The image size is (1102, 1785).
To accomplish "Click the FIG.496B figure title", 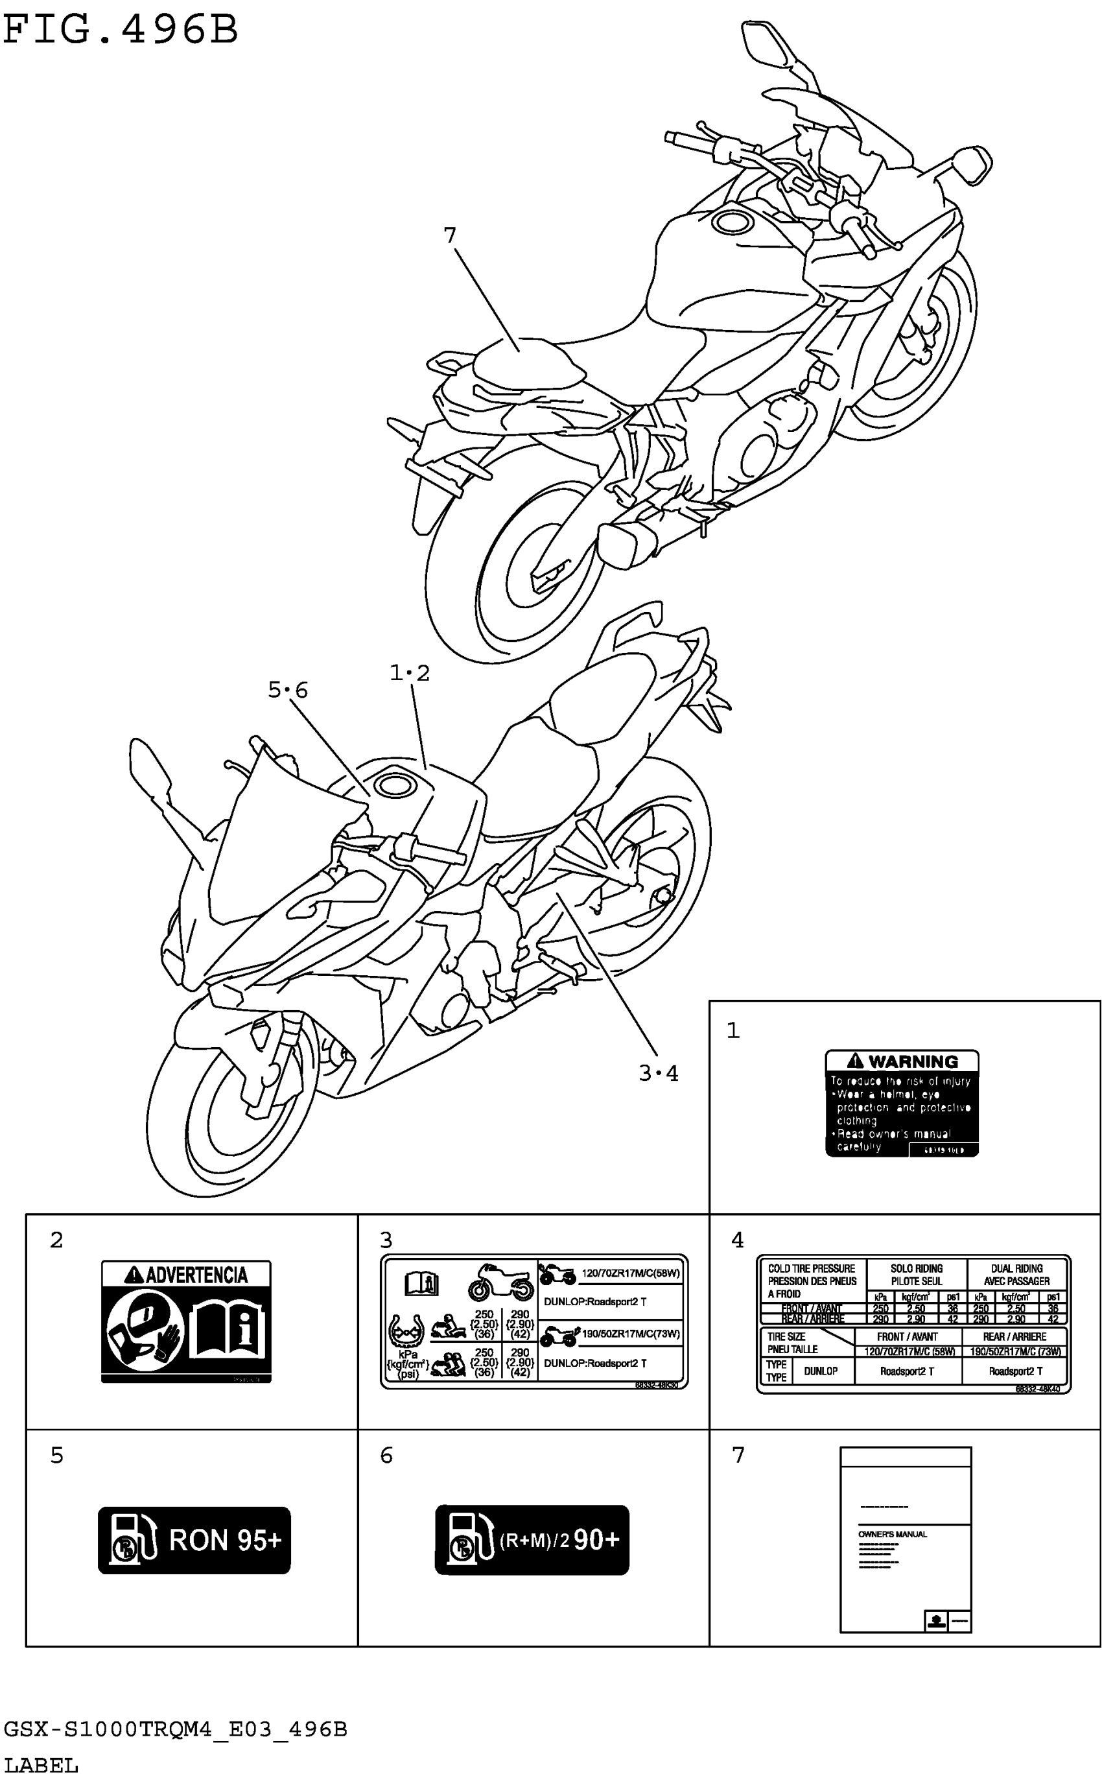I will [x=121, y=30].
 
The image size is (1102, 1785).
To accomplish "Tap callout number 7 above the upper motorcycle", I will [x=450, y=235].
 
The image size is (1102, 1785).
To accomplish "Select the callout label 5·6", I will [x=288, y=689].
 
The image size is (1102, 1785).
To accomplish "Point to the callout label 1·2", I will [x=410, y=673].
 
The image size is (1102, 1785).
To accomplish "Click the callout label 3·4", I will [x=658, y=1074].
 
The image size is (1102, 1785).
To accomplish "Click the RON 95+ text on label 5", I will [x=224, y=1541].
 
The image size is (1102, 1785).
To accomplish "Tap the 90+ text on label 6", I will [x=596, y=1539].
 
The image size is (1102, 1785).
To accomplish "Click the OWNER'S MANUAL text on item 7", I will [x=892, y=1534].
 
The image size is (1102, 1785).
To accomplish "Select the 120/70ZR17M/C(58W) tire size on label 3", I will [x=631, y=1273].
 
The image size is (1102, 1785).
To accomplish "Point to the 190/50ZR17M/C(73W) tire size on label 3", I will [x=631, y=1334].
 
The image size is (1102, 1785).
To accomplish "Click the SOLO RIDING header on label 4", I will [x=916, y=1268].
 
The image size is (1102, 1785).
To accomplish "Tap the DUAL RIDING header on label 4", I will [x=1016, y=1268].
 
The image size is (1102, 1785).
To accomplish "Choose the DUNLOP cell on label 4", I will [x=820, y=1371].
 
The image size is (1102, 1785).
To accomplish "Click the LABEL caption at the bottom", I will [x=41, y=1766].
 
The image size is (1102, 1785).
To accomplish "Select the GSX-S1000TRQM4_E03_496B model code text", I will [x=176, y=1730].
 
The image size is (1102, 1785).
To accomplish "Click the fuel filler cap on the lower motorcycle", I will [x=393, y=786].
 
